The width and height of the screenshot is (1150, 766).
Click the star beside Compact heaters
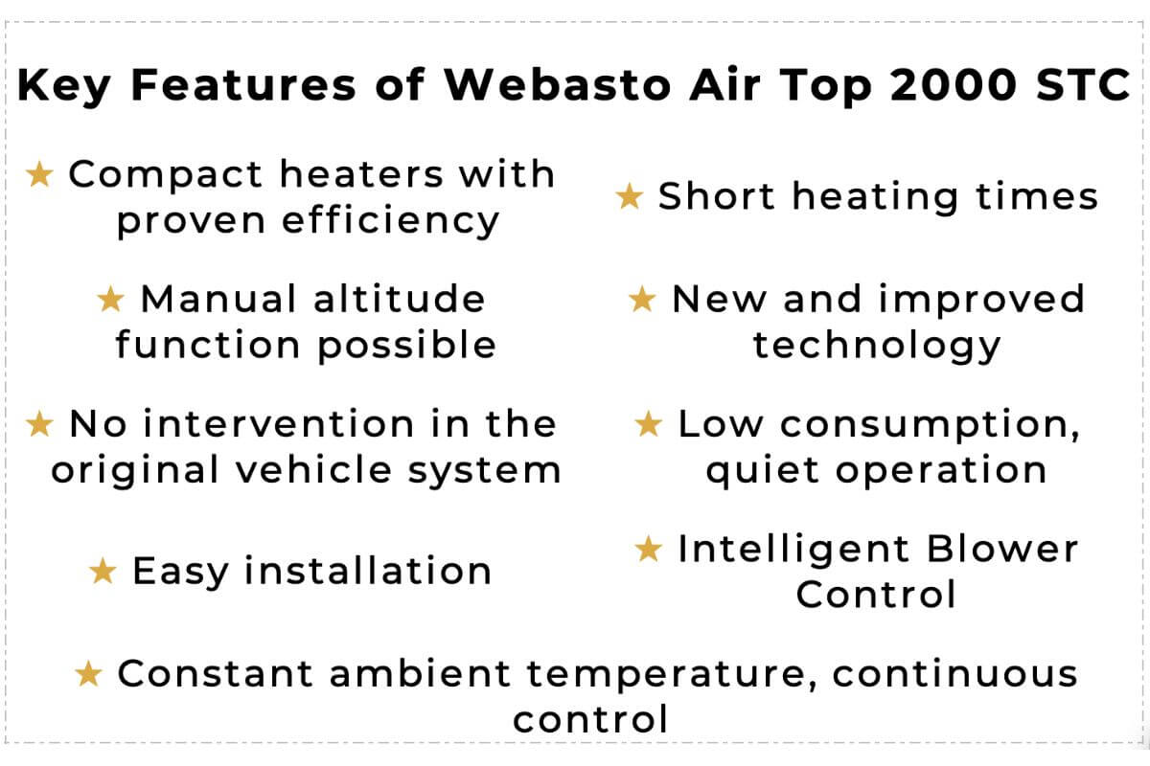click(x=40, y=175)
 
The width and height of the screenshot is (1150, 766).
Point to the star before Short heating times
click(x=630, y=197)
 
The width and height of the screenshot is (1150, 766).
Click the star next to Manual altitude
click(x=111, y=300)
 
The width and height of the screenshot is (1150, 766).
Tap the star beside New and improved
click(x=642, y=300)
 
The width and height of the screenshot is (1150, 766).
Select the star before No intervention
click(x=40, y=424)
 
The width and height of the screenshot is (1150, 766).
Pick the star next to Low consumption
click(x=649, y=424)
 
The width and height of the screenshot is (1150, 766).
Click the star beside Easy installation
click(x=103, y=573)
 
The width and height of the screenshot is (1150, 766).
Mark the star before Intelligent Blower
click(x=649, y=550)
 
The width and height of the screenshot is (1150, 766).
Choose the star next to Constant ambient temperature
click(x=88, y=675)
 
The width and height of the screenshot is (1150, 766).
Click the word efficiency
click(x=391, y=221)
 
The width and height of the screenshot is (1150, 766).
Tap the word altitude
click(x=399, y=300)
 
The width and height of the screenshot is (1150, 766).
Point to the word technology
click(x=876, y=345)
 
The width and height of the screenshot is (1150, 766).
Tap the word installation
click(x=367, y=572)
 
